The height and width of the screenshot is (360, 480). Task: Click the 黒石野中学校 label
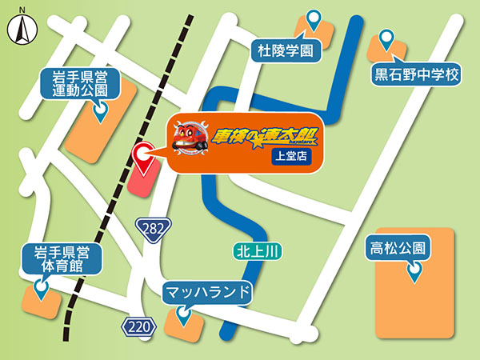(417, 76)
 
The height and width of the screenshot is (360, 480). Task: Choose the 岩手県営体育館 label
(59, 260)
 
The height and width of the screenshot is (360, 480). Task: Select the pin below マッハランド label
(185, 318)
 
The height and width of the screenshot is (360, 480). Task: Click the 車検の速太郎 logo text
(257, 137)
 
